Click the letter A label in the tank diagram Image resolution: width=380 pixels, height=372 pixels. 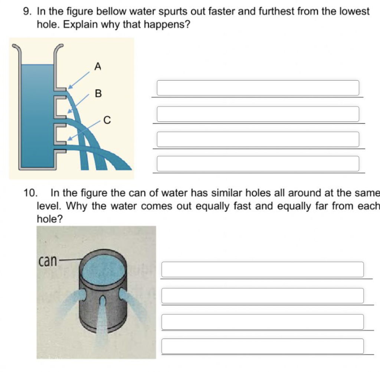[x=98, y=66]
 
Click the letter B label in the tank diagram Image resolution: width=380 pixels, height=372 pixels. [x=98, y=93]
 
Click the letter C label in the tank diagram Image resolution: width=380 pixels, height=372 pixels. [x=107, y=120]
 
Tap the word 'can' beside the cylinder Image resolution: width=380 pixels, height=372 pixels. [x=47, y=261]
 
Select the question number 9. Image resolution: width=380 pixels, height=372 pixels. [x=27, y=12]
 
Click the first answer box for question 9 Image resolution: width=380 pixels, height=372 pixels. [x=258, y=88]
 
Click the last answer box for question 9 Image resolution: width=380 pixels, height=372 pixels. [x=258, y=164]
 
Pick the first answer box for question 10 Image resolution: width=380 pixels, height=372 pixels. [x=262, y=270]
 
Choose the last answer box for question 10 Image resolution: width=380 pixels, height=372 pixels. [x=262, y=346]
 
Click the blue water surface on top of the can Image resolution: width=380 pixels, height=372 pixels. [x=103, y=266]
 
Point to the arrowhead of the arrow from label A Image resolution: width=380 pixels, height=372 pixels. [x=69, y=88]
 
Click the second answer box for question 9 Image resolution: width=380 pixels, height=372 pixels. [x=258, y=114]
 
